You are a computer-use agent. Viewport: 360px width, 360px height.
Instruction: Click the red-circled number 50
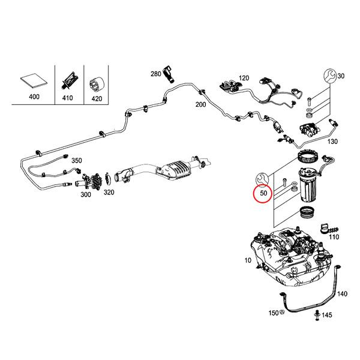[263, 194]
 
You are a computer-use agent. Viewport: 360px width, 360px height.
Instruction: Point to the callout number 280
[156, 74]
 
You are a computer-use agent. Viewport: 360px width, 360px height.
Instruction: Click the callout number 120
[243, 79]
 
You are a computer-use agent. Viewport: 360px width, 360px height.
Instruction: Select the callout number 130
[333, 142]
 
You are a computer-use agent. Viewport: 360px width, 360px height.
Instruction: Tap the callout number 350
[76, 161]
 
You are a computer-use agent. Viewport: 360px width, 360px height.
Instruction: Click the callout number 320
[109, 193]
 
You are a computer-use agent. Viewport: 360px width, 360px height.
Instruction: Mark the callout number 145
[327, 315]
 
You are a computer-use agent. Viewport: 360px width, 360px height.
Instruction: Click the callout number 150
[273, 313]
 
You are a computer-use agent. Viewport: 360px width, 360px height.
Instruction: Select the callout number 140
[341, 294]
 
